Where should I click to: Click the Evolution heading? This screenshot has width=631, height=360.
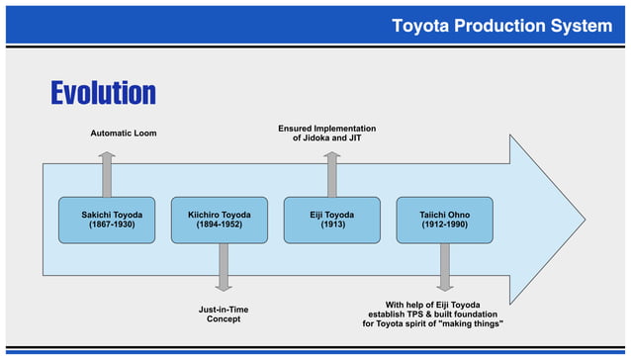pyautogui.click(x=103, y=93)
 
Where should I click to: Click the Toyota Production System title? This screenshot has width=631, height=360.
pyautogui.click(x=501, y=26)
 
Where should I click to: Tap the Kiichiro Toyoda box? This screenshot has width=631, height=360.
pyautogui.click(x=220, y=220)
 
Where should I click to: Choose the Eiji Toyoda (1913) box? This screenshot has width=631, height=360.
pyautogui.click(x=332, y=220)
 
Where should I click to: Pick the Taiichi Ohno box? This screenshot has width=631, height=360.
pyautogui.click(x=445, y=220)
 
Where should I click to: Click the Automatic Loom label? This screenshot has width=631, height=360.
pyautogui.click(x=124, y=133)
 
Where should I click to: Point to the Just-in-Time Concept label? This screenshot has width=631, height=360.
pyautogui.click(x=224, y=315)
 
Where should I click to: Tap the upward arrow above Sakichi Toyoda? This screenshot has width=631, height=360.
pyautogui.click(x=107, y=174)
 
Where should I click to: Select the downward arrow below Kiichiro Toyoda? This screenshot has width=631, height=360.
pyautogui.click(x=224, y=267)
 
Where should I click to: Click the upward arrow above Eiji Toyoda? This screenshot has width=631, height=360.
pyautogui.click(x=332, y=174)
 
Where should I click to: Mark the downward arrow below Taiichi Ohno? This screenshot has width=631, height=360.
pyautogui.click(x=445, y=267)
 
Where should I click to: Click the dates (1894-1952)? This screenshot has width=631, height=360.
pyautogui.click(x=220, y=225)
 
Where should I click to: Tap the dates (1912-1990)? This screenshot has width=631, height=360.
pyautogui.click(x=445, y=225)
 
